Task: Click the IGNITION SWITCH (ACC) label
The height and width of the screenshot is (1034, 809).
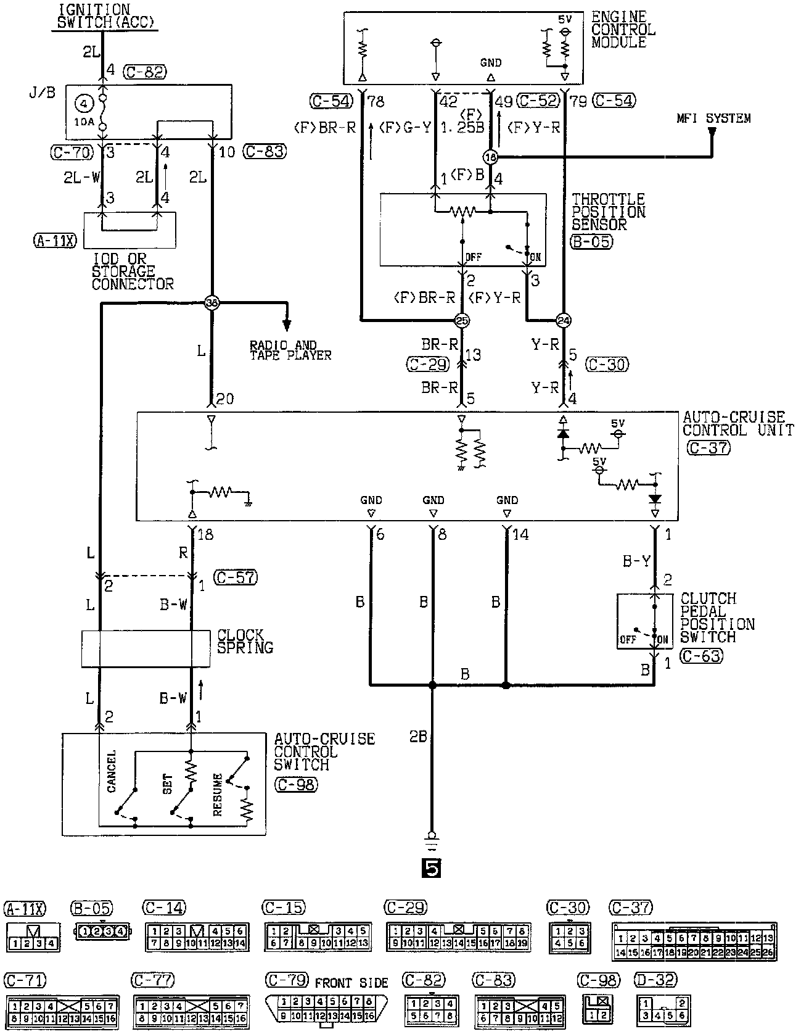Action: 103,17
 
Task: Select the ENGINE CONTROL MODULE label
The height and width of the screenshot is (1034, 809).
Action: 622,30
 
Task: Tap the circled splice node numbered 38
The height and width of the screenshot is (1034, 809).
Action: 212,302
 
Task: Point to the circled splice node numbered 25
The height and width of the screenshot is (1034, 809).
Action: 461,320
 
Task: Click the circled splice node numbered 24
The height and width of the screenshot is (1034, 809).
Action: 563,320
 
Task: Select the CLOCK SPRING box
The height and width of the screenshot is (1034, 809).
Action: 146,648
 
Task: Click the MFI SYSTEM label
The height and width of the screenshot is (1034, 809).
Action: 713,118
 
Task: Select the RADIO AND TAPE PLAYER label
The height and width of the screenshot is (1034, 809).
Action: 290,350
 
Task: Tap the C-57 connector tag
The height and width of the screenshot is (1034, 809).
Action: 234,577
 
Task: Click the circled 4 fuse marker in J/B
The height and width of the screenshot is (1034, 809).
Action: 84,103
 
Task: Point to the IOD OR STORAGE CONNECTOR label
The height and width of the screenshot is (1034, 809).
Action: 132,271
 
